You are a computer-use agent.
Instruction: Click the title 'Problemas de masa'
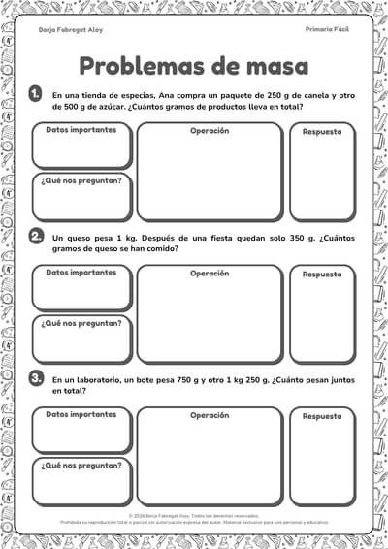point(193,66)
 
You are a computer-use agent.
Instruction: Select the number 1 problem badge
point(36,94)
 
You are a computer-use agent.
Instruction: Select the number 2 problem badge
point(36,237)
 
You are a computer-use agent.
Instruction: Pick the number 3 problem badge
point(36,378)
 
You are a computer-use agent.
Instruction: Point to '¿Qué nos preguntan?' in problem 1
point(81,180)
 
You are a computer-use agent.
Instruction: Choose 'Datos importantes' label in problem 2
point(81,272)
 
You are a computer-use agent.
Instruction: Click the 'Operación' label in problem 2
point(210,273)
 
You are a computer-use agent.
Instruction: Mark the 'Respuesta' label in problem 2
point(322,274)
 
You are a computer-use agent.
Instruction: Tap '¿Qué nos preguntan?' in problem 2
point(81,323)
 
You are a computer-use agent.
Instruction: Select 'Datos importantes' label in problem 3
point(81,414)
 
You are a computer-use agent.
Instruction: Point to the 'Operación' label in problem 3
point(210,415)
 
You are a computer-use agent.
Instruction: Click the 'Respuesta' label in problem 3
point(322,416)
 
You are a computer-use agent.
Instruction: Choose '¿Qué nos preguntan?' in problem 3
point(81,466)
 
